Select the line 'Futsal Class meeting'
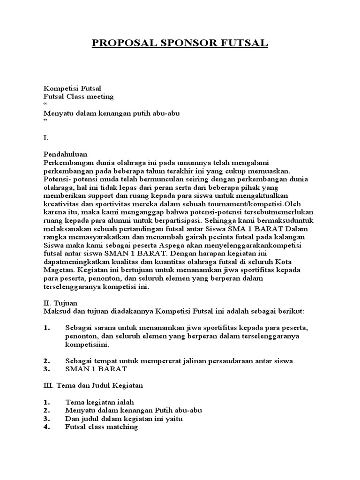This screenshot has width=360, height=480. click(x=78, y=97)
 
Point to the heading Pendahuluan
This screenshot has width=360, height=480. click(x=66, y=154)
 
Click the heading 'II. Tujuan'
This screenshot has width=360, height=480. click(x=60, y=303)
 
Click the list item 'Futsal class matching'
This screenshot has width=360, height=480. click(x=102, y=427)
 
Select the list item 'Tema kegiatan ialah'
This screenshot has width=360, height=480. click(x=100, y=402)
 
